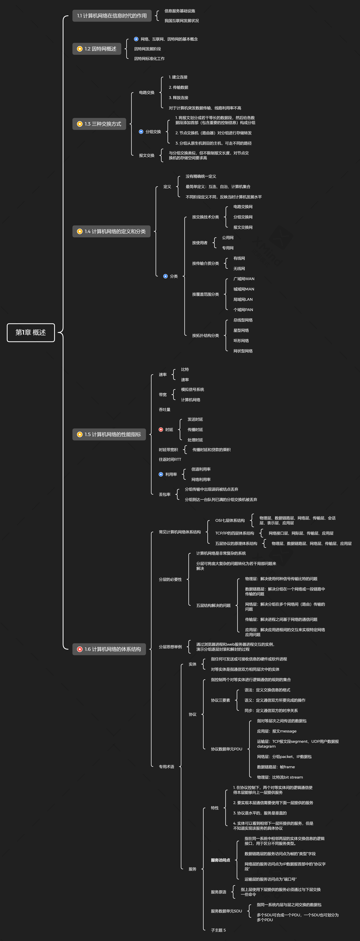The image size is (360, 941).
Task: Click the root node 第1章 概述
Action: tap(31, 332)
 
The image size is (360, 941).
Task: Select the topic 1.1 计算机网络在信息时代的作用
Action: tap(112, 16)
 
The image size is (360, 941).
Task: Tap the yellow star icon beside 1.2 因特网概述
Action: tap(80, 49)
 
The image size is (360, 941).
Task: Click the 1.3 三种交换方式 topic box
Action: tap(99, 124)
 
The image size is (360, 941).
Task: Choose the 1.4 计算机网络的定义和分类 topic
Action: tap(111, 231)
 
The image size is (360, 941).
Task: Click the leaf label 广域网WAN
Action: tap(244, 279)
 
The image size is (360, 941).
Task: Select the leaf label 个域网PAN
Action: tap(243, 310)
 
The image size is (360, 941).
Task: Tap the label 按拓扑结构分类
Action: tap(205, 335)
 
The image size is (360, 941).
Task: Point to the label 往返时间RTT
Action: tap(170, 460)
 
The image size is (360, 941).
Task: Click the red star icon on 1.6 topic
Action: tap(80, 649)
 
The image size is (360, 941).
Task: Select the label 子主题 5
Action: tap(218, 930)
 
